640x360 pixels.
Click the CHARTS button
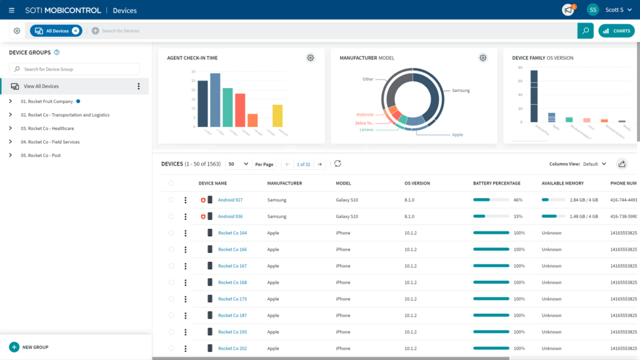pos(616,31)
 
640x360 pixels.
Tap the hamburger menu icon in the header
pos(11,10)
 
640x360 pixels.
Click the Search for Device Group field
pos(74,69)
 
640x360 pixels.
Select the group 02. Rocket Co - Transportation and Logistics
pos(65,115)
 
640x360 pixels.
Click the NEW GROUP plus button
pos(14,347)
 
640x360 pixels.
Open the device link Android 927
pos(230,200)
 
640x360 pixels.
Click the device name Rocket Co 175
pos(232,299)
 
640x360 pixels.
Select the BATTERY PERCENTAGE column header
pos(496,183)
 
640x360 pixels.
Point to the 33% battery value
pos(517,216)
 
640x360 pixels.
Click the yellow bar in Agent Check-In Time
pos(277,116)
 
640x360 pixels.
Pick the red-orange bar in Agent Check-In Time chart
pos(240,110)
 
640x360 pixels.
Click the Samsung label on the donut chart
pos(460,91)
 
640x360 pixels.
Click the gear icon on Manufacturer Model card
pos(483,58)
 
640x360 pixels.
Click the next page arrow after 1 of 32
pos(319,164)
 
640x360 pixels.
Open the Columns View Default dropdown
pos(594,164)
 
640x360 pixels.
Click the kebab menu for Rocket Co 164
pos(186,233)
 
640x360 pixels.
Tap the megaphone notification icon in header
pos(568,10)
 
